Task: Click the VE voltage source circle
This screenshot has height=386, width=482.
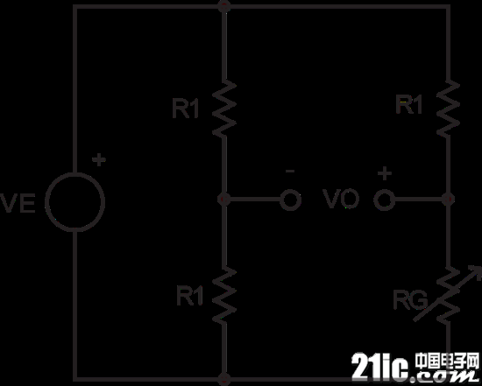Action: point(75,172)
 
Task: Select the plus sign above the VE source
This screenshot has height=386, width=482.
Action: point(99,160)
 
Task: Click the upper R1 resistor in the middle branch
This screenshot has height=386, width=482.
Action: point(224,108)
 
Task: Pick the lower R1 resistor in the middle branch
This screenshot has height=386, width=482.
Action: point(224,295)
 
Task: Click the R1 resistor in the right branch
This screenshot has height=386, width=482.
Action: point(448,108)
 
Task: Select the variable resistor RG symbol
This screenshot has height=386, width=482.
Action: point(448,295)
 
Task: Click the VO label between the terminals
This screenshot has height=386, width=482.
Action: point(342,200)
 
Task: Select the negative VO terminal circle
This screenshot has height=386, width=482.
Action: point(290,200)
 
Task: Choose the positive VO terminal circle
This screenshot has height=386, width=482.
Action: point(384,200)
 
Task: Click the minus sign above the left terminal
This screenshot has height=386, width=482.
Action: point(290,172)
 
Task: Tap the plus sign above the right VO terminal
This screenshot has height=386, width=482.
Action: point(384,174)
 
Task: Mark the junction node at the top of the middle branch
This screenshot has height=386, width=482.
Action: point(224,6)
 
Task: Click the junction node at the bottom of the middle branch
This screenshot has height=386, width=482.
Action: point(224,380)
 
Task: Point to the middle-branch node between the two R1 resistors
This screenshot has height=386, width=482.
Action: point(224,200)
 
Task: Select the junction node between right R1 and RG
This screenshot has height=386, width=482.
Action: point(448,200)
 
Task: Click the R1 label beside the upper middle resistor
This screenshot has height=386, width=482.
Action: point(186,109)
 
